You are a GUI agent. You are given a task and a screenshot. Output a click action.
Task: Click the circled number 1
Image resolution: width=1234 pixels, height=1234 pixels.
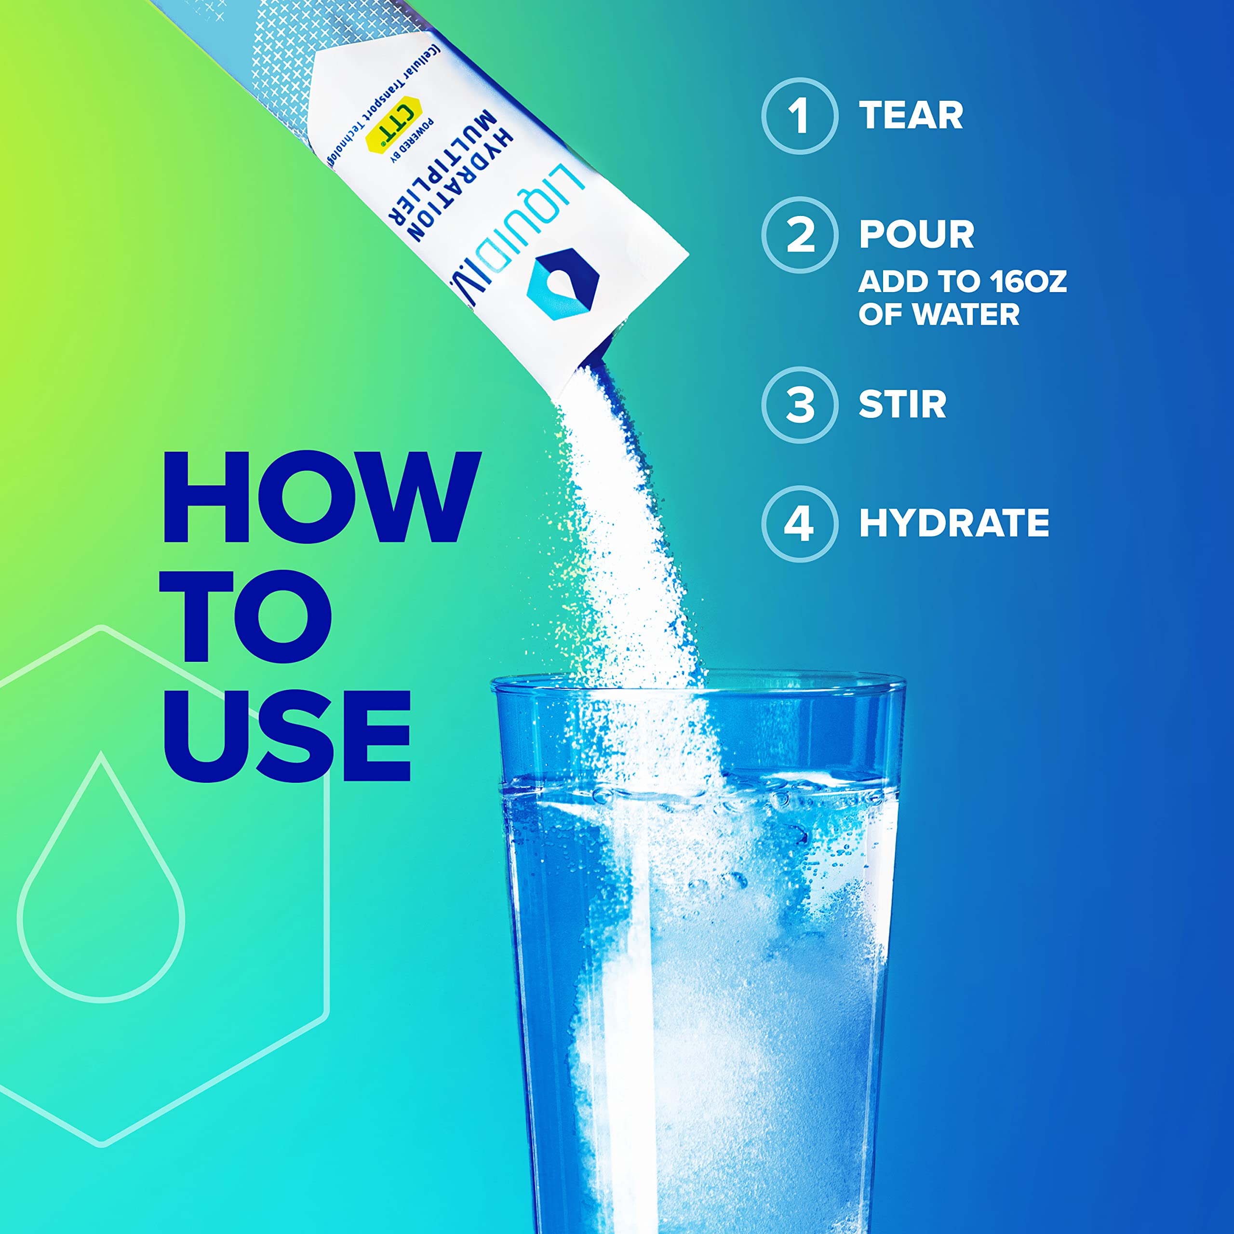tap(799, 116)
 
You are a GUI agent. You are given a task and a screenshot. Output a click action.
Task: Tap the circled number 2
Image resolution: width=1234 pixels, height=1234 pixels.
tap(799, 235)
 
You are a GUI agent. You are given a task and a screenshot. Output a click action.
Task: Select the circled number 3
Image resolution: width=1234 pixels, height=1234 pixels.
tap(799, 405)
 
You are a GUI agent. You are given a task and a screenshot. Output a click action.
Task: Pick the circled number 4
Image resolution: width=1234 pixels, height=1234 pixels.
tap(799, 524)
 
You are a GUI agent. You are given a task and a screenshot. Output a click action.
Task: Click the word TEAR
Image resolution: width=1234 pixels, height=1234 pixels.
tap(911, 116)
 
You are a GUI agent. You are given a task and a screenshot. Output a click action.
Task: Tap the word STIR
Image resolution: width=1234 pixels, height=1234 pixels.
tap(902, 405)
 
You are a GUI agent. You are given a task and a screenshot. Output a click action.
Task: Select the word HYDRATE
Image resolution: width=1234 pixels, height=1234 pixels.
tap(953, 524)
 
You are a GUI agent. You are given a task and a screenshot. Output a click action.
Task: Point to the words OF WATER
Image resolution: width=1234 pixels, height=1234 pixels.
tap(939, 314)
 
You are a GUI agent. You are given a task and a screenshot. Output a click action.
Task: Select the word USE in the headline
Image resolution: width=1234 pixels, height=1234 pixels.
tap(287, 736)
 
